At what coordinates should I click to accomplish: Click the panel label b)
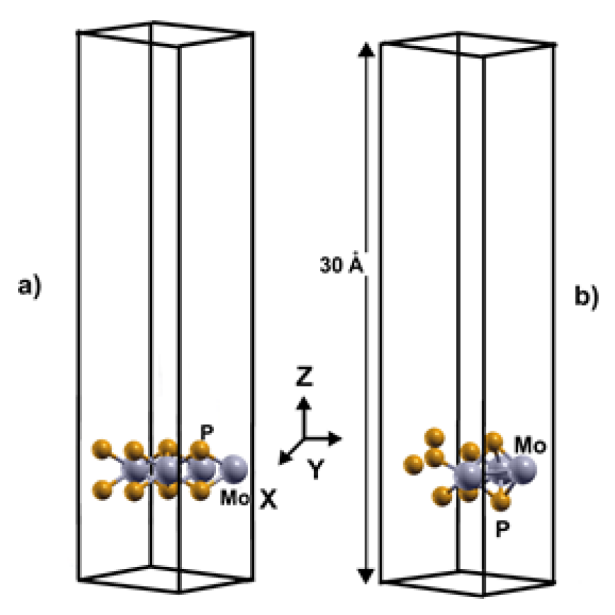584,296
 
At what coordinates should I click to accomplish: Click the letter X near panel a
269,498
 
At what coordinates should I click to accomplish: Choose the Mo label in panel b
530,444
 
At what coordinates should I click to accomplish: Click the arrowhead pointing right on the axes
337,439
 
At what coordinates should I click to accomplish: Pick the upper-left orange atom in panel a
101,446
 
